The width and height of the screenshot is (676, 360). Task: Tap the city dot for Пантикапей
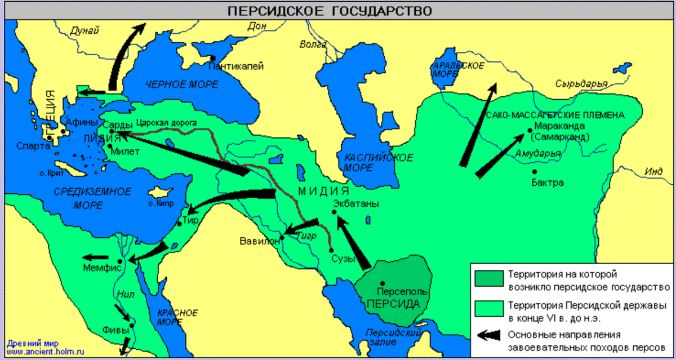pyautogui.click(x=212, y=58)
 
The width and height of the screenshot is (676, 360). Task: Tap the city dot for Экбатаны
pyautogui.click(x=334, y=212)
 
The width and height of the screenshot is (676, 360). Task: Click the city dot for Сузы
pyautogui.click(x=331, y=251)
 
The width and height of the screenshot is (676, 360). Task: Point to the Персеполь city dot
pyautogui.click(x=383, y=283)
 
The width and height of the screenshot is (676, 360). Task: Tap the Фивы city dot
pyautogui.click(x=132, y=325)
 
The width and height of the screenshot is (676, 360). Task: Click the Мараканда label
pyautogui.click(x=558, y=126)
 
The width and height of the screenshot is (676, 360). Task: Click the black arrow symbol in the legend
pyautogui.click(x=488, y=334)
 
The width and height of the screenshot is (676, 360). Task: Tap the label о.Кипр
pyautogui.click(x=160, y=203)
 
